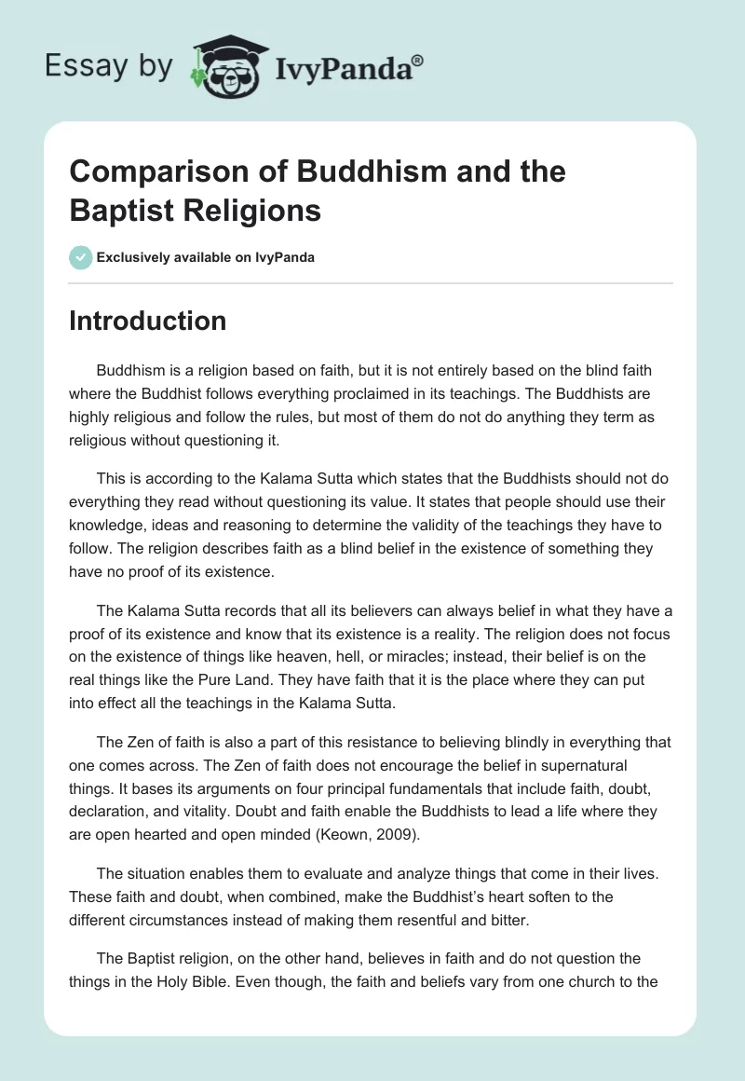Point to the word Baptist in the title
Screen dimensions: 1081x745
pos(116,212)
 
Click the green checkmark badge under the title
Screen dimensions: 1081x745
pos(81,257)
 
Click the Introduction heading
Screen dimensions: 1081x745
pos(148,321)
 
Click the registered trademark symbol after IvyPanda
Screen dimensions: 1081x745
pos(418,60)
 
